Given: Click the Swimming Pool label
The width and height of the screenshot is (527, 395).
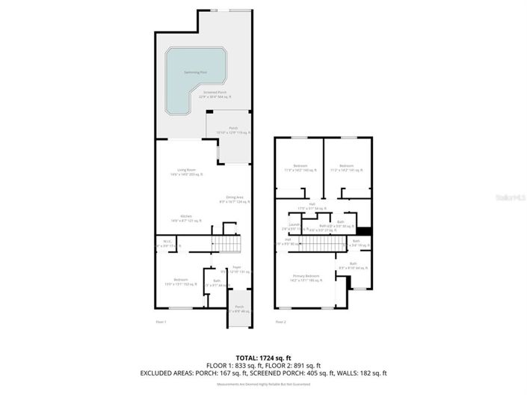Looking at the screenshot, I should click(x=196, y=73).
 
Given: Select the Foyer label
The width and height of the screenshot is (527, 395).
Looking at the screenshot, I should click(x=236, y=269).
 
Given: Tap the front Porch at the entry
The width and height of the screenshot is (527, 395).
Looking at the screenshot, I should click(x=239, y=308).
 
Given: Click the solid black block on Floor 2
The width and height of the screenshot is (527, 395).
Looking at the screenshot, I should click(x=364, y=231).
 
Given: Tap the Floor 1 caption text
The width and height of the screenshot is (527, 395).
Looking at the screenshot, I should click(x=160, y=322).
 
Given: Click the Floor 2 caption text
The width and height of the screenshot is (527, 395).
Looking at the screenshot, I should click(x=280, y=322).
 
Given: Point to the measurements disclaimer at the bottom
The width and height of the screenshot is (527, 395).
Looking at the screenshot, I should click(x=262, y=383).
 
